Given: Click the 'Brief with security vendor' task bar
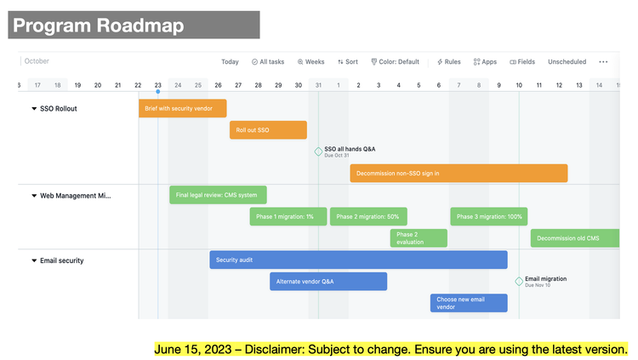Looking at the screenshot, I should pos(182,108).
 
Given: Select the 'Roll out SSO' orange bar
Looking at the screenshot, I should pos(268,130).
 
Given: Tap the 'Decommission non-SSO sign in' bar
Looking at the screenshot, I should pos(459,174).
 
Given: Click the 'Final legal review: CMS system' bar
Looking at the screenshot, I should pos(218,195).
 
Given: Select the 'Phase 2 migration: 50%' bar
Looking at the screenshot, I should pos(368,217).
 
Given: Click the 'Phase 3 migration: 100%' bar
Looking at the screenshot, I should pos(488,217).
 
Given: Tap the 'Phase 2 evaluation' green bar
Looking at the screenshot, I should pos(419,238).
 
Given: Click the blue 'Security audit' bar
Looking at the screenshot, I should pos(358,260).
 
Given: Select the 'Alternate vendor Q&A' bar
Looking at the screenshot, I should pos(328,282).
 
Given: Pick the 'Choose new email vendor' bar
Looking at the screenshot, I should pos(469,303).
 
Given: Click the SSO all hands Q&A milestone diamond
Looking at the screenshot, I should pos(318,152).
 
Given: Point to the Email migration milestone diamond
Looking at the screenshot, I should pos(519,282).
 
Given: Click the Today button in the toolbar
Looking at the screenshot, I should pos(230,62).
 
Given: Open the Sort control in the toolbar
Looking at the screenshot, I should pos(347,62).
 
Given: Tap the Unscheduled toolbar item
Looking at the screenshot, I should pos(567,62).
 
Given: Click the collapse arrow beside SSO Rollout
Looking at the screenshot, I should pos(34,109).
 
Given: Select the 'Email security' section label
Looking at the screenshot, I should pos(62,260).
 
